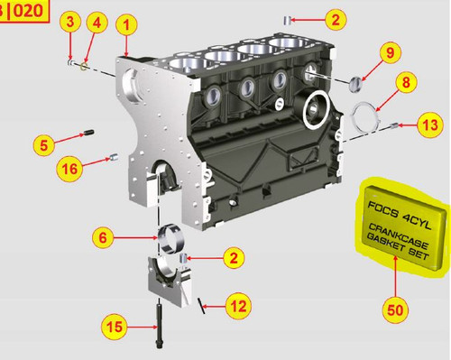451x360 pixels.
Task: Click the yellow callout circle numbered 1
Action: click(126, 25)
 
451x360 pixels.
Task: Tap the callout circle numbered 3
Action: click(70, 22)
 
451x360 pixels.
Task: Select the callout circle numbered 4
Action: click(97, 23)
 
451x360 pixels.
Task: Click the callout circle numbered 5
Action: click(44, 145)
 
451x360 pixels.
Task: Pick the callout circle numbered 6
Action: click(103, 237)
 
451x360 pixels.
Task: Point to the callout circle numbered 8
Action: click(406, 82)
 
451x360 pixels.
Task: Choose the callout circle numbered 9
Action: click(390, 52)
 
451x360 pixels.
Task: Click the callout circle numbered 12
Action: click(238, 306)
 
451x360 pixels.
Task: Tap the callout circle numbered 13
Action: click(430, 125)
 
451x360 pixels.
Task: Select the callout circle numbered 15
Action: click(115, 327)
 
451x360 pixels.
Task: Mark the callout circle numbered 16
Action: click(69, 169)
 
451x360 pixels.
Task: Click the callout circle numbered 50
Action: click(395, 310)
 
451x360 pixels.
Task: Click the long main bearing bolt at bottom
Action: click(159, 326)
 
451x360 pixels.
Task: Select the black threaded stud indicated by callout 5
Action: click(88, 133)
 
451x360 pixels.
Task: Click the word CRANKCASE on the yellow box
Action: click(399, 236)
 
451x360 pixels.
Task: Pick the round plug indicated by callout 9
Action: click(355, 84)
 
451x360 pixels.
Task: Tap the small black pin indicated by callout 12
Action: click(201, 306)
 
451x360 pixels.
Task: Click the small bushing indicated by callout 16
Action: click(114, 157)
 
